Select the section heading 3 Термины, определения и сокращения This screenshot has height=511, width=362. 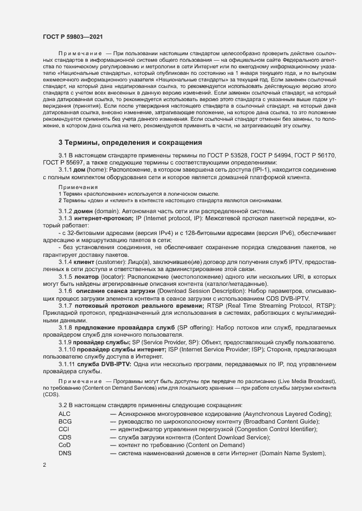tap(131, 143)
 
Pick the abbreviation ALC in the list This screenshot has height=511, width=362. tap(65, 414)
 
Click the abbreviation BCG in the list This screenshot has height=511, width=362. tap(65, 422)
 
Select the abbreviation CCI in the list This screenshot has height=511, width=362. tap(64, 430)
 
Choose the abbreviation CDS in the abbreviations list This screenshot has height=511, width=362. tap(65, 438)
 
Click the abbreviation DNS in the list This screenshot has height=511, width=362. tap(65, 454)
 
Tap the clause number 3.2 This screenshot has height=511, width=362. tap(62, 405)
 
